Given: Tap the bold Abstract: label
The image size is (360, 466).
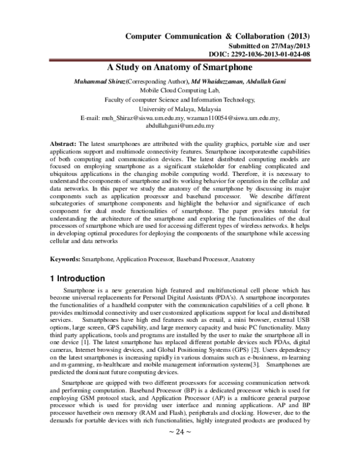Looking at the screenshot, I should (62, 147).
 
